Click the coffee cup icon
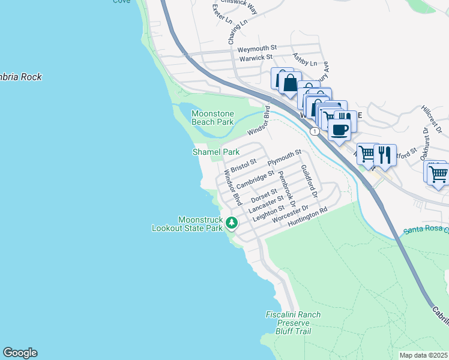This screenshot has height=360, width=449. (x=340, y=130)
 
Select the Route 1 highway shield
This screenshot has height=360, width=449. (x=314, y=130)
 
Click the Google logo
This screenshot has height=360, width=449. (x=20, y=353)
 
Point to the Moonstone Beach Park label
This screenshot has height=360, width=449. (x=212, y=118)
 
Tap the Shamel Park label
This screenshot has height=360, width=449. (x=215, y=152)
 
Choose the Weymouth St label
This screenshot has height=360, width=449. (x=256, y=47)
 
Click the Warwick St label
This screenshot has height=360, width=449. (x=256, y=58)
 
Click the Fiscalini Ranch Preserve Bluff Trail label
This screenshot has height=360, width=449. (x=293, y=323)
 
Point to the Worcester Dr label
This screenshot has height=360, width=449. (x=290, y=215)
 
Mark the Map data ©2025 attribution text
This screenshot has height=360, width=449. (x=424, y=355)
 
